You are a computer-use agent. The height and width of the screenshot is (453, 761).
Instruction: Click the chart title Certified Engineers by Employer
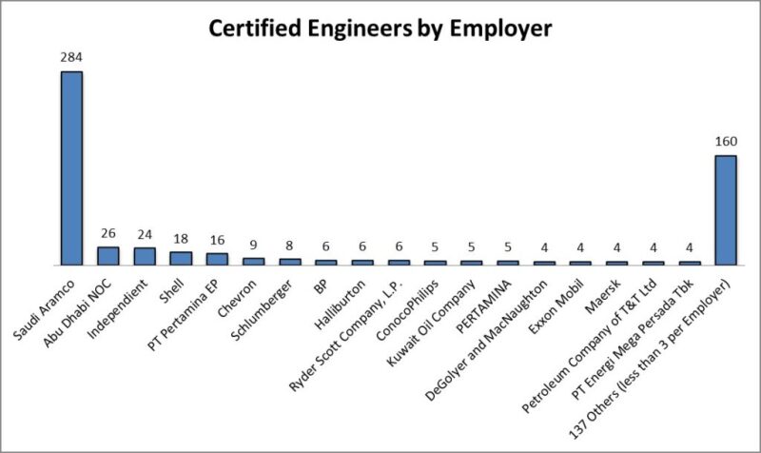(x=380, y=29)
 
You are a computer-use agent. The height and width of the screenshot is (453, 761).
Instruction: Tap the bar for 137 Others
(x=726, y=209)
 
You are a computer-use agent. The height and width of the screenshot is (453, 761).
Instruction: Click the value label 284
(x=72, y=57)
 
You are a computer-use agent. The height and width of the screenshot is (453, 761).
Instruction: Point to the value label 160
(x=726, y=142)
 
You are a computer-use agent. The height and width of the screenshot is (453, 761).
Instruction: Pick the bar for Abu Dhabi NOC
(x=108, y=255)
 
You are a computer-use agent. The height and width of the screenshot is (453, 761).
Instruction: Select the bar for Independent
(x=145, y=256)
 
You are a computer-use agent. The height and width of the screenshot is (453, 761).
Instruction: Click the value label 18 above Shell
(x=181, y=239)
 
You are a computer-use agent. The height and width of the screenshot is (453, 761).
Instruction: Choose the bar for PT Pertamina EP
(x=217, y=259)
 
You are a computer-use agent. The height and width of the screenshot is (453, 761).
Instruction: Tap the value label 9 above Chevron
(x=253, y=246)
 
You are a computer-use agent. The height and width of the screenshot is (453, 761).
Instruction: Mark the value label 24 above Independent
(x=145, y=233)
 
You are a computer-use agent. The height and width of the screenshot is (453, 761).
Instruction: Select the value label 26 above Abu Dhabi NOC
(x=108, y=231)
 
